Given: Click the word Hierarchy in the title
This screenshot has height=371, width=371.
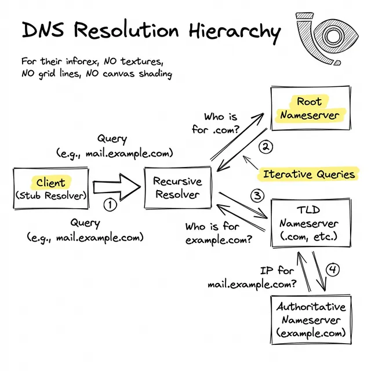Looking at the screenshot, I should tap(238, 31).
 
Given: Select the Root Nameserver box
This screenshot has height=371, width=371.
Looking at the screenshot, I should tap(309, 108).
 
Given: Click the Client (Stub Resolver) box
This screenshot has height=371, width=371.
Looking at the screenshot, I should tap(51, 189).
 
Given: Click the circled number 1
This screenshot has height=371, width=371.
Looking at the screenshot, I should tap(110, 205).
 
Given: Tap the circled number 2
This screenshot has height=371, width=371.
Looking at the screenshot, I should tap(264, 147).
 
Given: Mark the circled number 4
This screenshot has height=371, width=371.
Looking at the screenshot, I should tap(332, 270).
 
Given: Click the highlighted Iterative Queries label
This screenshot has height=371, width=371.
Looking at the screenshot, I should tap(308, 174).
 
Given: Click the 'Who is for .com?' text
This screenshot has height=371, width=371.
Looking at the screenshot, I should tap(216, 123).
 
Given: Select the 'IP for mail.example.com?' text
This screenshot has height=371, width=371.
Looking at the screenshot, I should tap(252, 278).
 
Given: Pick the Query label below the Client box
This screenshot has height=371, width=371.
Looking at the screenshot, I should tap(85, 230).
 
